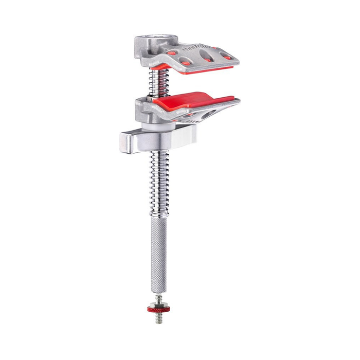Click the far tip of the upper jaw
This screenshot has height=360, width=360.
click(x=233, y=58)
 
